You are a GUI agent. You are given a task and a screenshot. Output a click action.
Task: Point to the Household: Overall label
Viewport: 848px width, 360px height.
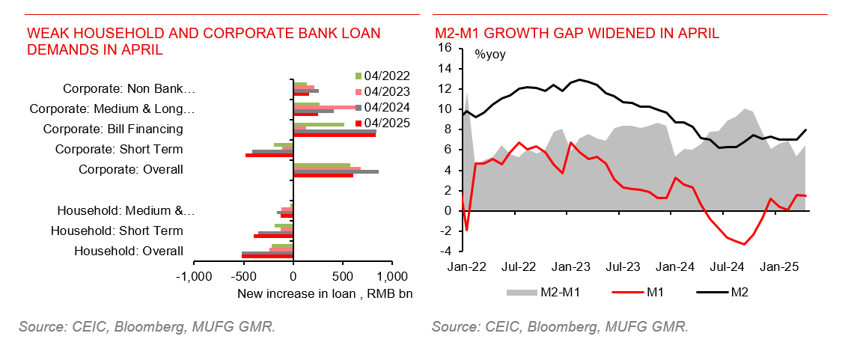click(129, 251)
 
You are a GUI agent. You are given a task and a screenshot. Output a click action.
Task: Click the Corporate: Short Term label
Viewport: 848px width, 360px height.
click(119, 149)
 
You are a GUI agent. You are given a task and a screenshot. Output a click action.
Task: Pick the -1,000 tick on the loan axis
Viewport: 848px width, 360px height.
click(195, 275)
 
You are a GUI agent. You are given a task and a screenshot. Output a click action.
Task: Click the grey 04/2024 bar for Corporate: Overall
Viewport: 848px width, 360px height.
click(336, 171)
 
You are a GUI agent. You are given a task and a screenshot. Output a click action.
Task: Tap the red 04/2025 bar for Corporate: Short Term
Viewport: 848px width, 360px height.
click(269, 156)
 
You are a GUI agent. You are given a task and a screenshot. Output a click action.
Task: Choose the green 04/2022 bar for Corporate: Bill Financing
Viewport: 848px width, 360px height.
click(319, 124)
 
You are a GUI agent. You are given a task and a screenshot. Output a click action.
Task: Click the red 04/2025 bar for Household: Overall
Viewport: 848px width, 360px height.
click(267, 256)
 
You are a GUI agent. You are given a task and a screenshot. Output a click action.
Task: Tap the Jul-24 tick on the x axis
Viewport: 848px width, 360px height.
click(727, 266)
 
